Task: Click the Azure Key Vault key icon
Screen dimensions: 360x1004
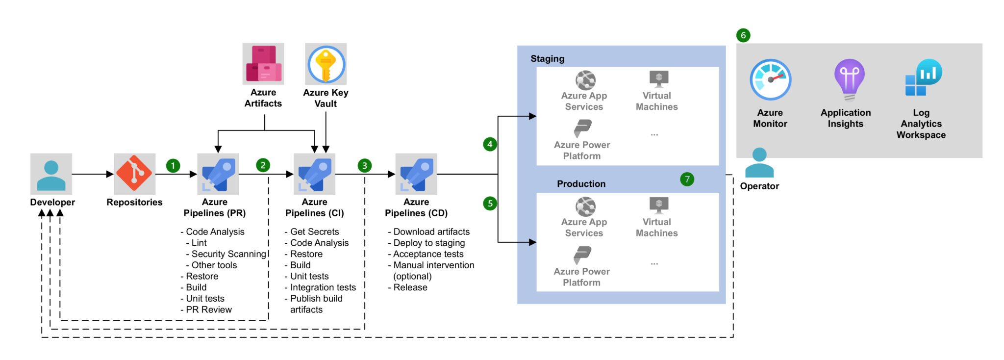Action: click(326, 64)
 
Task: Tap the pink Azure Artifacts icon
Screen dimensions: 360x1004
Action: click(263, 64)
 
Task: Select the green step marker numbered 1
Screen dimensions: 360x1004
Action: click(173, 166)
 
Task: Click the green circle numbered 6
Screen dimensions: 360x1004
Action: click(743, 35)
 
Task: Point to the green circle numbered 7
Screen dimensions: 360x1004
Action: click(687, 179)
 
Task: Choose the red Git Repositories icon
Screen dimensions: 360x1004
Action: click(134, 174)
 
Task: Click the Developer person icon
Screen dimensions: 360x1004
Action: click(51, 174)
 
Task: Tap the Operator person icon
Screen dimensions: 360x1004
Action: click(759, 163)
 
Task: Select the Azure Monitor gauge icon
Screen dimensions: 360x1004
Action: click(770, 80)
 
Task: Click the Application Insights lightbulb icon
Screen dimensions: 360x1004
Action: click(849, 79)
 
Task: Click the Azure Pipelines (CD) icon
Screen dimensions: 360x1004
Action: click(416, 174)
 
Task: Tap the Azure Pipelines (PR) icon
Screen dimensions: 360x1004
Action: click(218, 174)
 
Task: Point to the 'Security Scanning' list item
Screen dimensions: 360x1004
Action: click(228, 254)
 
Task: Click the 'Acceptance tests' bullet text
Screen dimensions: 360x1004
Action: click(428, 254)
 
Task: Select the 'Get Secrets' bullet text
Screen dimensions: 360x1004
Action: click(314, 231)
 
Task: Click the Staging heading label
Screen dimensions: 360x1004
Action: click(547, 59)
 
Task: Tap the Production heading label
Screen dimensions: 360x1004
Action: click(581, 184)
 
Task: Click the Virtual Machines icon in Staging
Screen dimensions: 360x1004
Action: click(658, 78)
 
